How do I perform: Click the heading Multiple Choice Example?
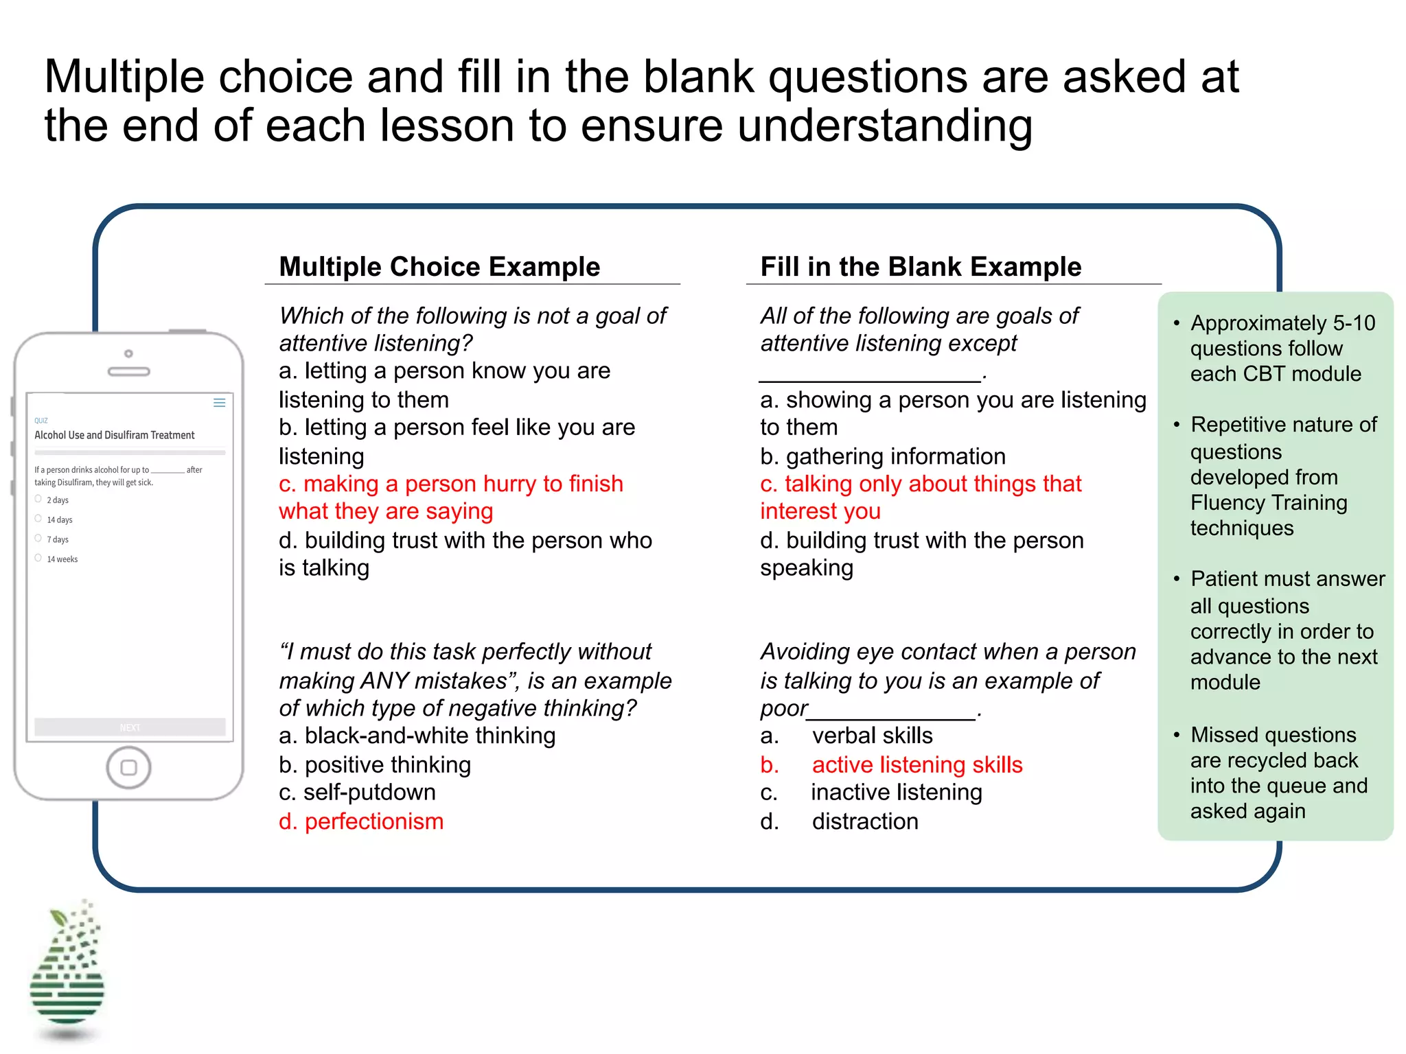pyautogui.click(x=439, y=267)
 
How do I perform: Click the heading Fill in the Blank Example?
pyautogui.click(x=921, y=267)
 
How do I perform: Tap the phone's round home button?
pyautogui.click(x=128, y=767)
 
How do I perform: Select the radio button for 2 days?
pyautogui.click(x=38, y=500)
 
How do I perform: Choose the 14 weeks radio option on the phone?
pyautogui.click(x=38, y=559)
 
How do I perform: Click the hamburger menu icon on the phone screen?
pyautogui.click(x=220, y=403)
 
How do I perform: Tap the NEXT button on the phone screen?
pyautogui.click(x=130, y=727)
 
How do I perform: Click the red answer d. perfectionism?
pyautogui.click(x=361, y=821)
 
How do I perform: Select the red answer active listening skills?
pyautogui.click(x=917, y=765)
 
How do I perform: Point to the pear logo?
pyautogui.click(x=67, y=971)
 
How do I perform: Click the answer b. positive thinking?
pyautogui.click(x=375, y=765)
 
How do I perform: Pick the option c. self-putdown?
pyautogui.click(x=357, y=793)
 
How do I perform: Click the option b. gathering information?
pyautogui.click(x=883, y=456)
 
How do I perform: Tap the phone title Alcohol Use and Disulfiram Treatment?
pyautogui.click(x=115, y=435)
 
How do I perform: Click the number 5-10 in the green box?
pyautogui.click(x=1354, y=323)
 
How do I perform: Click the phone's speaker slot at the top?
pyautogui.click(x=128, y=372)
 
